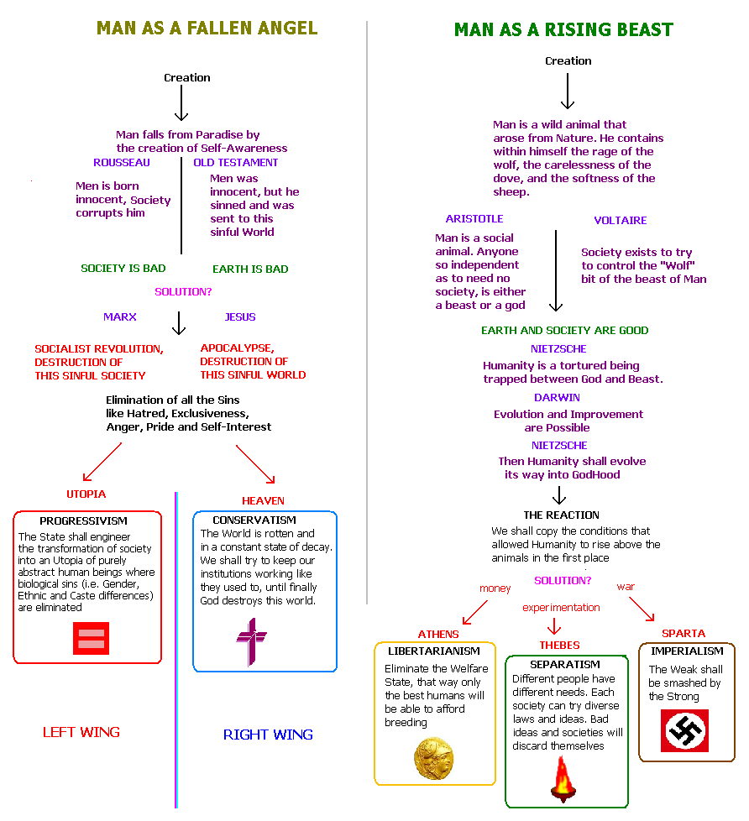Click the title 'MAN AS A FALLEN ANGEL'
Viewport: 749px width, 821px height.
coord(207,28)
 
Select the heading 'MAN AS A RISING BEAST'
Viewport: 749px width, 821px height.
coord(563,30)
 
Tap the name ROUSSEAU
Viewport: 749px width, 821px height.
coord(122,162)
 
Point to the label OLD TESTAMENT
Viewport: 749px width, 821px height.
coord(236,162)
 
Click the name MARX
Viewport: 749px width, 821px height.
coord(120,317)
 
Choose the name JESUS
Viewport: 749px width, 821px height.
coord(240,317)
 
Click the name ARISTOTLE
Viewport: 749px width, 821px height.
coord(474,219)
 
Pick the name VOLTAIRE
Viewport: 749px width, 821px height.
coord(621,221)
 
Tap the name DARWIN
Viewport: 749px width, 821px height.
coord(557,397)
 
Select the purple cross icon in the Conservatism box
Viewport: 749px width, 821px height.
coord(251,641)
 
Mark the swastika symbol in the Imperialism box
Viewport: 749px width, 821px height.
coord(686,729)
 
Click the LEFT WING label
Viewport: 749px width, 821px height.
coord(81,732)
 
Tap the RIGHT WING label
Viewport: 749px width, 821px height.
coord(268,735)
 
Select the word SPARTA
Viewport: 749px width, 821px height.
coord(684,633)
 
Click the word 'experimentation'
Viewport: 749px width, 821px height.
coord(561,607)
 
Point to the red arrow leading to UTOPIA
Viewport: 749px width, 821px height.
coord(102,461)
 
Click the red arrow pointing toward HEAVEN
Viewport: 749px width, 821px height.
coord(255,463)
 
